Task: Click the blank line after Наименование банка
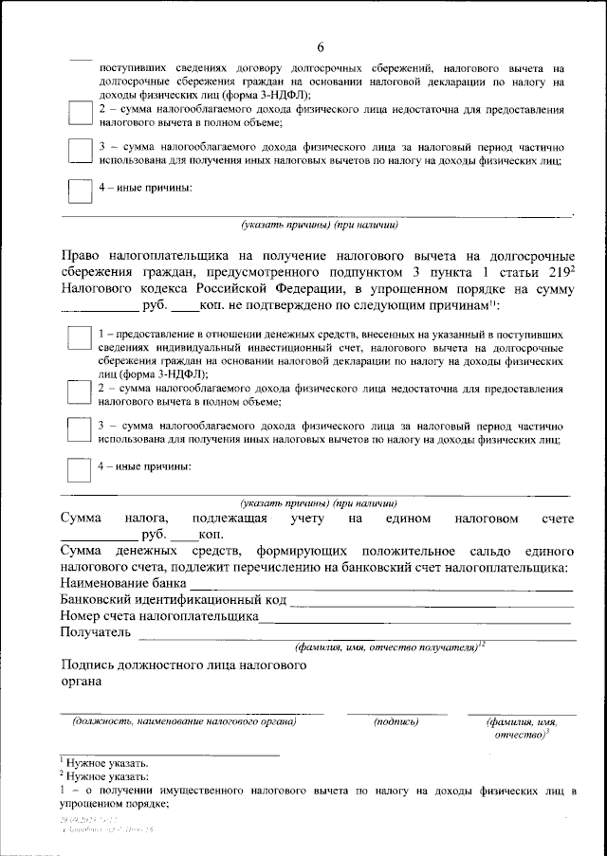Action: point(379,590)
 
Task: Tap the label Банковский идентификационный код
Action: point(173,600)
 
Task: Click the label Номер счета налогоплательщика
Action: point(158,616)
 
